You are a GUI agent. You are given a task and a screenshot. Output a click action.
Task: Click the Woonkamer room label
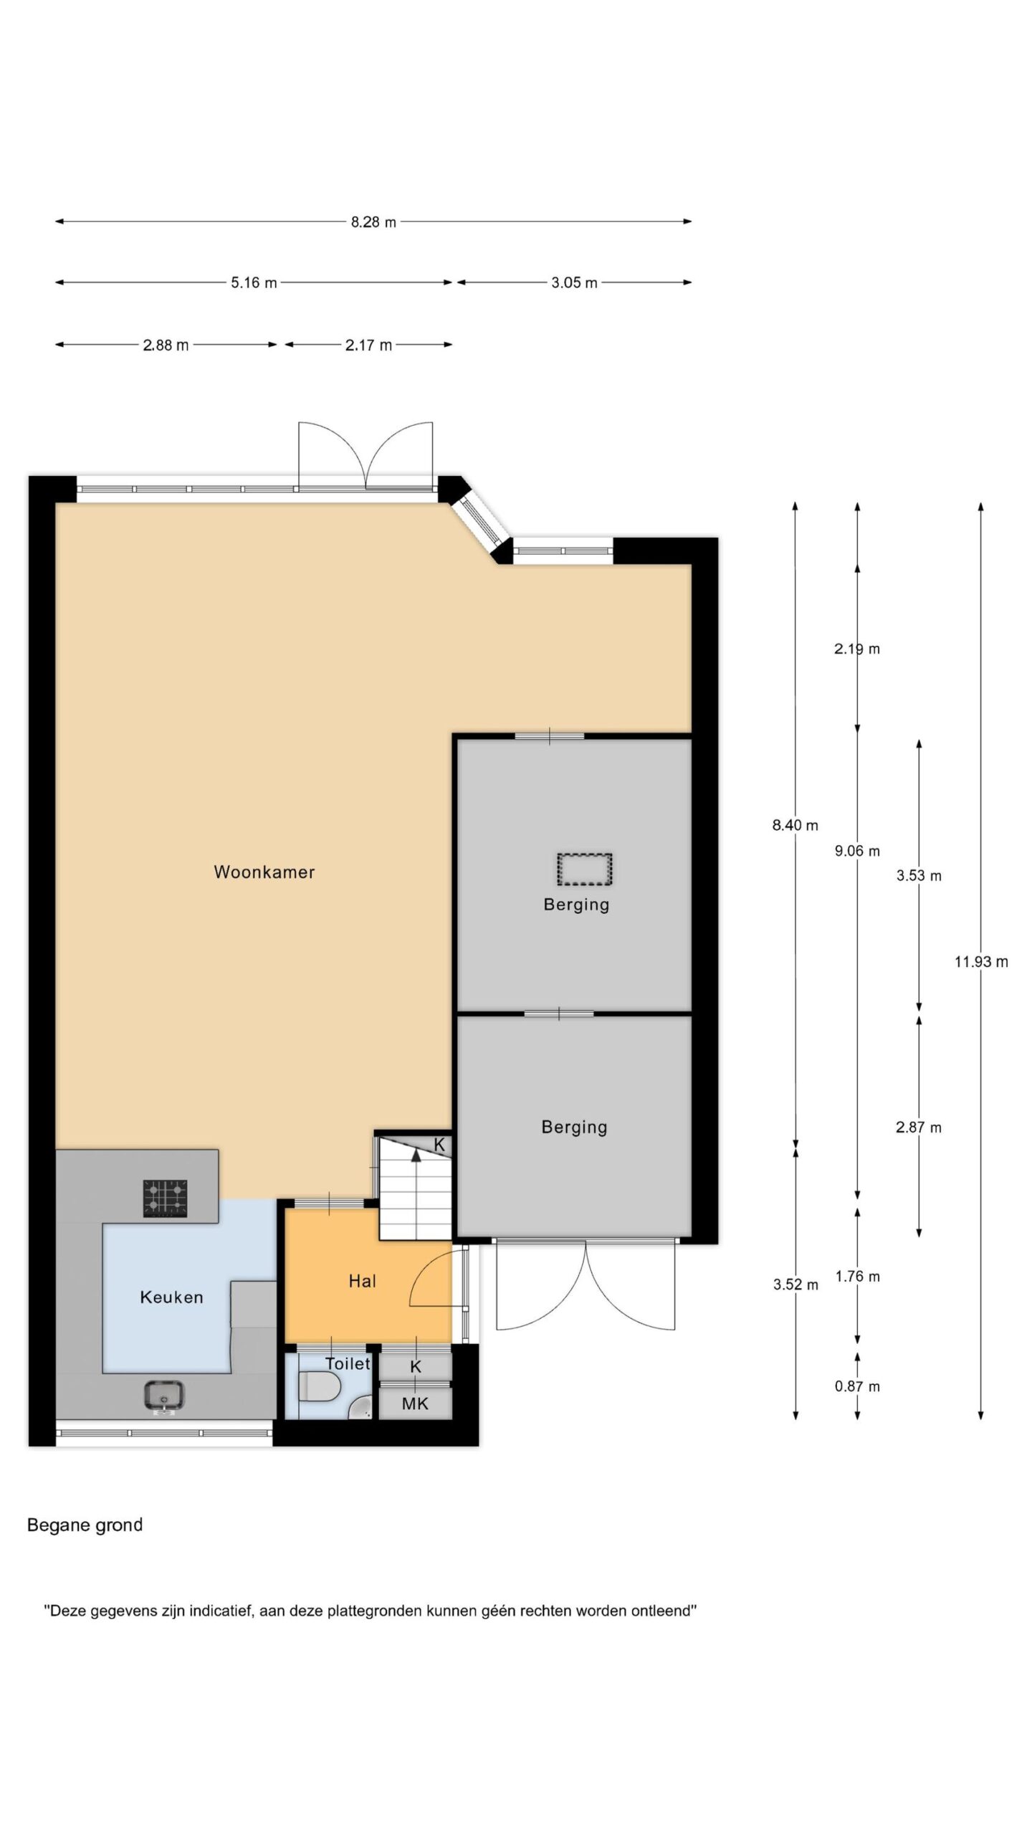click(x=264, y=872)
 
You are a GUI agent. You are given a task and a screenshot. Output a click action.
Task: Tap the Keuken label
click(x=171, y=1297)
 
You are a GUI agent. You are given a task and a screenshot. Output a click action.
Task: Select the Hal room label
click(x=362, y=1281)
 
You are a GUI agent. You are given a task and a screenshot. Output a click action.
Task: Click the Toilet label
click(x=348, y=1363)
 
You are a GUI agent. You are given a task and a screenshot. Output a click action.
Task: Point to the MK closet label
click(x=415, y=1403)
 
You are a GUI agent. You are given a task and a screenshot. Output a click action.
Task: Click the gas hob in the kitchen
click(x=166, y=1198)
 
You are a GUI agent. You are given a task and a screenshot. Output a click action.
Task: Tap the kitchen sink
click(x=165, y=1396)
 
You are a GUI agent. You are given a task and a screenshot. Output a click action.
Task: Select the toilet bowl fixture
click(x=319, y=1386)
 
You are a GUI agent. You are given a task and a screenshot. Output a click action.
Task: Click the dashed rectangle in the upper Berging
click(x=584, y=869)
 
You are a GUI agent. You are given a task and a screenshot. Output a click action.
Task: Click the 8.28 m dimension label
click(x=373, y=222)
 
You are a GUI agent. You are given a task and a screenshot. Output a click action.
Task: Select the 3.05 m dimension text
click(x=574, y=283)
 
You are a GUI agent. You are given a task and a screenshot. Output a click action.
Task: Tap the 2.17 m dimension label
click(x=368, y=345)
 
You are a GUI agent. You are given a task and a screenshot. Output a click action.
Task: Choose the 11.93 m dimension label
click(x=981, y=962)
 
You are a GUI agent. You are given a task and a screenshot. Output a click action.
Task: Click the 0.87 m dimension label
click(x=857, y=1386)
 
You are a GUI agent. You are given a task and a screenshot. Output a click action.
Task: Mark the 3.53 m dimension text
click(x=919, y=875)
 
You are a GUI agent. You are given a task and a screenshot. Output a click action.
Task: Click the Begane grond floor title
click(x=85, y=1525)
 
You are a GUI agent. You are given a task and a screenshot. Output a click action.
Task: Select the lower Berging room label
click(x=574, y=1127)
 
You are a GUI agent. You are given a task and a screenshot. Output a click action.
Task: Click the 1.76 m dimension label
click(x=857, y=1276)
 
